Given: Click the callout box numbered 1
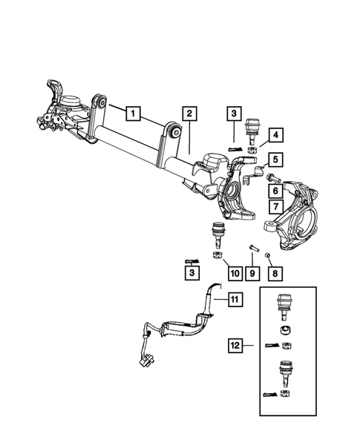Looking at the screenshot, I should tap(132, 114).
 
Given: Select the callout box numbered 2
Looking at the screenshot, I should tap(189, 114).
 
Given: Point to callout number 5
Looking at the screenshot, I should tap(274, 159).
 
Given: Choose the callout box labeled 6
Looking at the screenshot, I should tap(274, 191).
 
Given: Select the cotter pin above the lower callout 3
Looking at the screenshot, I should tap(191, 259).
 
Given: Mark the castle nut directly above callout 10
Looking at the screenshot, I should tap(219, 255).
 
